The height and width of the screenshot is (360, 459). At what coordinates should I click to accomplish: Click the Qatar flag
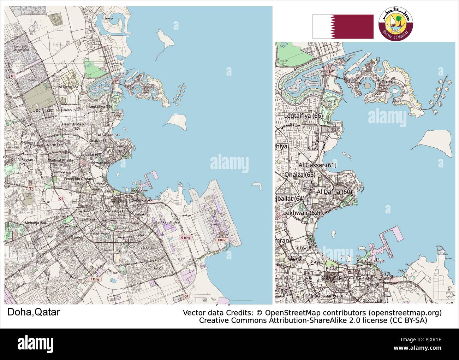click(x=342, y=26)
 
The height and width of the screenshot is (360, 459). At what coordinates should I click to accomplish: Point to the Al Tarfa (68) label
click(x=68, y=87)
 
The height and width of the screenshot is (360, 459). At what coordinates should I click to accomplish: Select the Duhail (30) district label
click(x=44, y=111)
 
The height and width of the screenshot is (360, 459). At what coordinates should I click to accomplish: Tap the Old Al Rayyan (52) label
click(x=22, y=161)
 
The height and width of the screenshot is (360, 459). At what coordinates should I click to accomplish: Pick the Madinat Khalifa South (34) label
click(x=58, y=163)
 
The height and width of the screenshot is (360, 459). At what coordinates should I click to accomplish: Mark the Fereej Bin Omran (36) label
click(x=78, y=181)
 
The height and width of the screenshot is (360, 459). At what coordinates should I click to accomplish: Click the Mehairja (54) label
click(x=35, y=223)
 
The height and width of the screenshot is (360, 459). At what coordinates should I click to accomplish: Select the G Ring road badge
click(x=185, y=238)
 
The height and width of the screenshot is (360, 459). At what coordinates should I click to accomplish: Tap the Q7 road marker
click(x=186, y=296)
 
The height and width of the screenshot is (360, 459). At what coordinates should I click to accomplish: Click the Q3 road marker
click(x=31, y=188)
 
